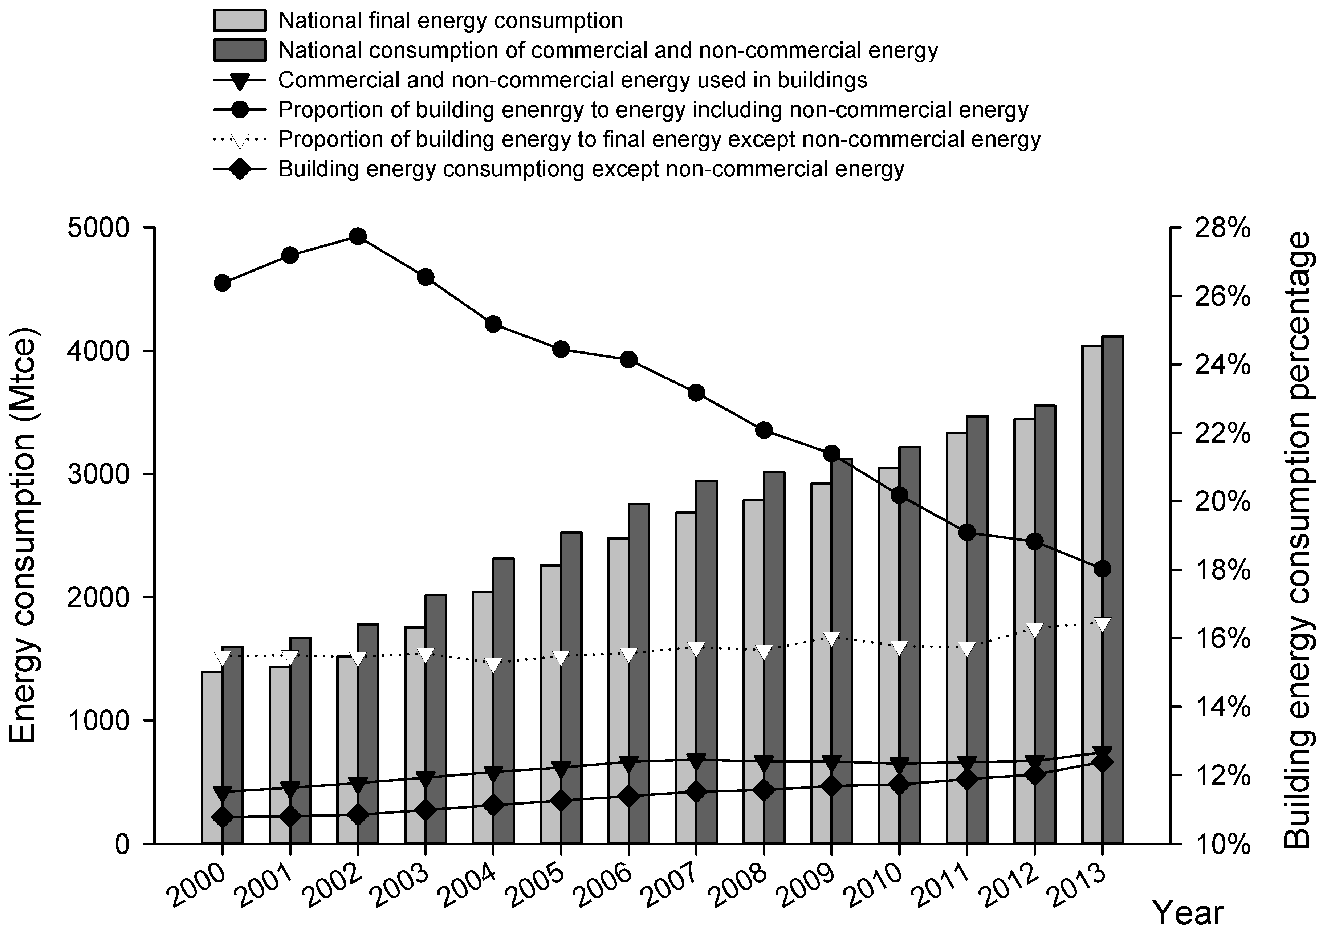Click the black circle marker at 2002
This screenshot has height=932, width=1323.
point(358,236)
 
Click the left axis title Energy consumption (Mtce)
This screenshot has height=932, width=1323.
point(23,536)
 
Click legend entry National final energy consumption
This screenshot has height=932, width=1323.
point(449,21)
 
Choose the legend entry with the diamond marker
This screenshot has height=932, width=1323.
point(591,170)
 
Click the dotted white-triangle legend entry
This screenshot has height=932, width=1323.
point(659,139)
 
